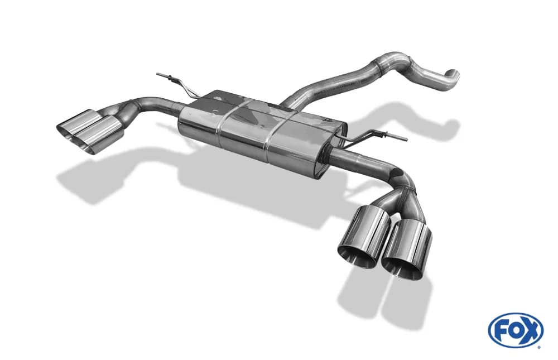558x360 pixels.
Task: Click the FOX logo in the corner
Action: tap(516, 330)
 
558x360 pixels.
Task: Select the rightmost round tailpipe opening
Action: tap(403, 265)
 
